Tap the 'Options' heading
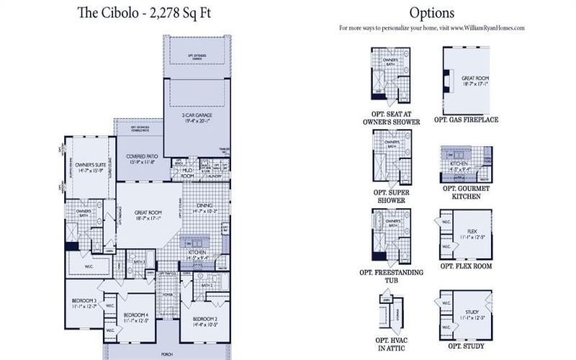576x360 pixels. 431,12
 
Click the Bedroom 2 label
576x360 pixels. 204,320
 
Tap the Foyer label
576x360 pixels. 167,294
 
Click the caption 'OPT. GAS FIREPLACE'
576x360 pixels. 466,120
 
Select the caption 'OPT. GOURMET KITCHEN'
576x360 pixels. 466,193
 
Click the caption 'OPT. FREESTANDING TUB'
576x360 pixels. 391,277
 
